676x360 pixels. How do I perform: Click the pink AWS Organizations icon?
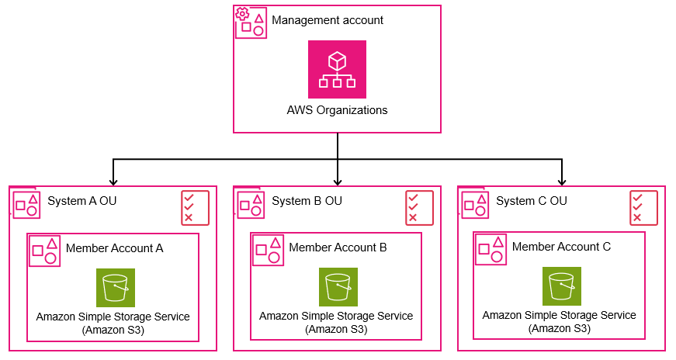337,69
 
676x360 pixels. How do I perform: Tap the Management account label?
328,20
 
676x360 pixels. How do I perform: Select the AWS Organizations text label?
337,110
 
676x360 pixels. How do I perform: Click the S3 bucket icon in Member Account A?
116,288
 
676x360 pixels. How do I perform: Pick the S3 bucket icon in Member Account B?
338,287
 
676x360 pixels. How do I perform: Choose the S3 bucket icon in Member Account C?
562,286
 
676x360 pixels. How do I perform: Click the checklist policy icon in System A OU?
196,208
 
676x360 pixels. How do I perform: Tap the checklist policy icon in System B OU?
419,208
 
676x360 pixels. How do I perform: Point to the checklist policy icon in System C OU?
643,208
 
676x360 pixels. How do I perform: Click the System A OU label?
82,201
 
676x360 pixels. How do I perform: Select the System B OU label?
307,201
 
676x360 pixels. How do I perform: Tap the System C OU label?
531,201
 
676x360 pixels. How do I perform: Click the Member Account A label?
114,248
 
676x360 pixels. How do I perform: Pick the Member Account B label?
338,247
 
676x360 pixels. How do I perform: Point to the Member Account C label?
561,247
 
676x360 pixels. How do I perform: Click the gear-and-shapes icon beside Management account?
251,22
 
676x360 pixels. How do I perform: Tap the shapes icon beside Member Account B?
268,250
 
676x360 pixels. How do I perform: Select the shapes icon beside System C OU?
475,205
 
